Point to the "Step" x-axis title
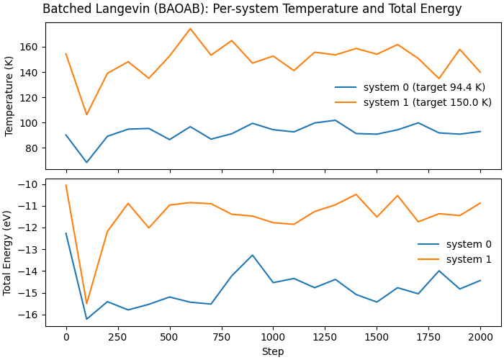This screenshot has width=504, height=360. (x=273, y=352)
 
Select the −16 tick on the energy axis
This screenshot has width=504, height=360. (x=30, y=315)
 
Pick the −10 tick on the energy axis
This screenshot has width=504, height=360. (x=30, y=184)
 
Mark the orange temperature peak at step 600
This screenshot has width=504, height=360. (x=190, y=29)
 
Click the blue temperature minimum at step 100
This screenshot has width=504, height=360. (x=86, y=163)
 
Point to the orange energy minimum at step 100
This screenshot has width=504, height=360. (x=86, y=304)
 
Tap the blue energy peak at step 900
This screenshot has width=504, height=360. (x=252, y=255)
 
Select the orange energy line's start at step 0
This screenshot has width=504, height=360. (x=66, y=185)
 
